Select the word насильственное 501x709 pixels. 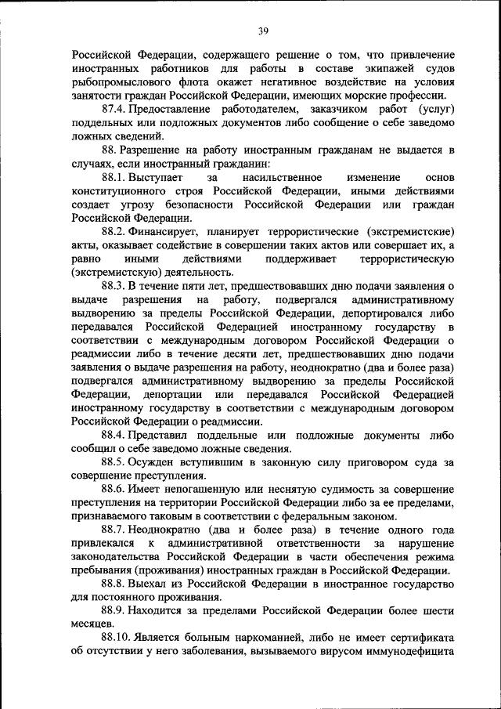click(275, 178)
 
